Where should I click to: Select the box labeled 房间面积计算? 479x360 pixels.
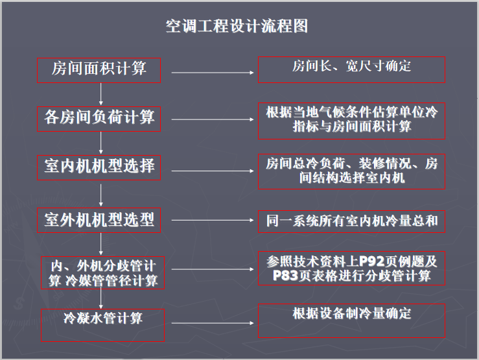point(100,69)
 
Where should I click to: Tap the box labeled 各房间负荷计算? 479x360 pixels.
point(100,117)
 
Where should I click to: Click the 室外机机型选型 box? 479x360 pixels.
point(100,220)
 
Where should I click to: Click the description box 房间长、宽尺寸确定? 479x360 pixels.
point(351,69)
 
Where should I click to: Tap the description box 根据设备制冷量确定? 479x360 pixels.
point(351,320)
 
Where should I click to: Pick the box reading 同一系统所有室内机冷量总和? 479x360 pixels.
point(351,221)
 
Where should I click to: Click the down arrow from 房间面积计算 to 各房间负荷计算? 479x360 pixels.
point(101,93)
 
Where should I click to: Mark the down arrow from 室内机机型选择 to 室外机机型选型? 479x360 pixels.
point(101,193)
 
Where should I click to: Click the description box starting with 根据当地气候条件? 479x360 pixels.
point(351,120)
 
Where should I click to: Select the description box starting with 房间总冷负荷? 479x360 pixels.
point(351,171)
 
